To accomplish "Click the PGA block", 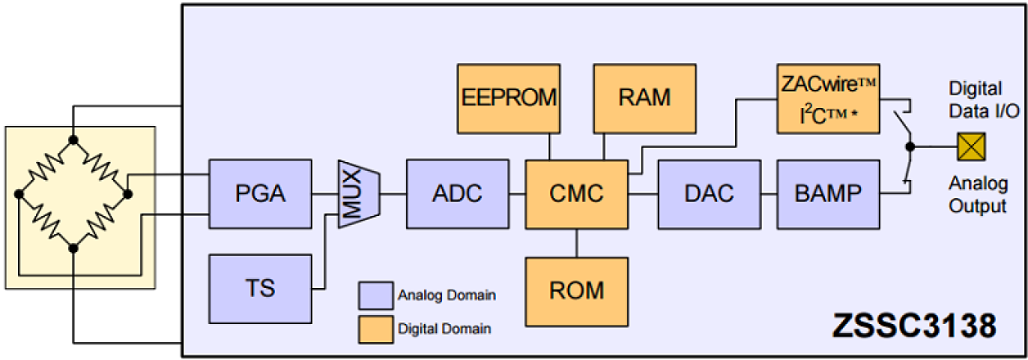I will pyautogui.click(x=261, y=194).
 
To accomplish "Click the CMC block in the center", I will pyautogui.click(x=577, y=194).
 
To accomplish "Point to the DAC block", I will pyautogui.click(x=709, y=194).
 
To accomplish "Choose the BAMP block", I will pyautogui.click(x=828, y=194).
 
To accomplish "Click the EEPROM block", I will pyautogui.click(x=508, y=98).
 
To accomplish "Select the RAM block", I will pyautogui.click(x=645, y=98).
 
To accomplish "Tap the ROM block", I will pyautogui.click(x=577, y=290).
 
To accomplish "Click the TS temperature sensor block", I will pyautogui.click(x=261, y=288).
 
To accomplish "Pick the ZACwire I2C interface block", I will pyautogui.click(x=828, y=97).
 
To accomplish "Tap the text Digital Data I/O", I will pyautogui.click(x=983, y=99).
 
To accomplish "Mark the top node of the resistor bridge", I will pyautogui.click(x=74, y=141).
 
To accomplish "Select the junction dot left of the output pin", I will pyautogui.click(x=909, y=147).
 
